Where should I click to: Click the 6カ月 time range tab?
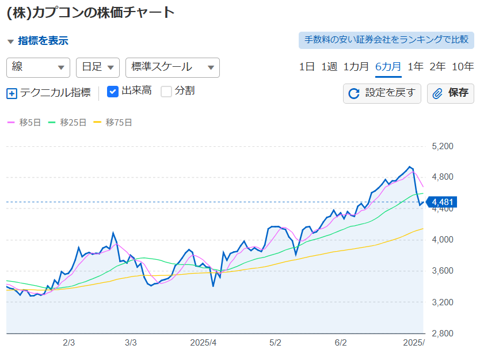[388, 67]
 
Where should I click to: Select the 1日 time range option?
[307, 67]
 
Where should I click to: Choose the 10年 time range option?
[463, 67]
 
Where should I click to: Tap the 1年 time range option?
[416, 67]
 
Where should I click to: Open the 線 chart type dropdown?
[38, 67]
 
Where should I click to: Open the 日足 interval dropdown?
[98, 67]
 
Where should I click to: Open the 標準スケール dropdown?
[173, 67]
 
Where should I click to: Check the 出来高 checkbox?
[113, 92]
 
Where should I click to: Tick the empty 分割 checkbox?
[166, 92]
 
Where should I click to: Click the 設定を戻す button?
[382, 93]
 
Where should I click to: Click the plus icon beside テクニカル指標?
[12, 93]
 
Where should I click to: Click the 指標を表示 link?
[43, 41]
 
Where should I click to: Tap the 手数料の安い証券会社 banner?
[386, 40]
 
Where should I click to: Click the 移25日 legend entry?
[67, 123]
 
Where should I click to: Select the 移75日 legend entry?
[113, 123]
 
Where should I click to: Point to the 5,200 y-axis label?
[443, 146]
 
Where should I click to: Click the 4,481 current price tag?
[442, 202]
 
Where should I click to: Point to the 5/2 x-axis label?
[275, 343]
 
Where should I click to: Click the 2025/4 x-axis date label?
[203, 343]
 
